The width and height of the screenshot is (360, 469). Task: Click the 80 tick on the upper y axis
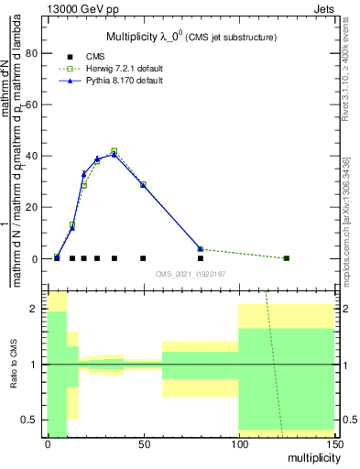(33, 53)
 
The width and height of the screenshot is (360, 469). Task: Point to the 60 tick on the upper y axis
(33, 104)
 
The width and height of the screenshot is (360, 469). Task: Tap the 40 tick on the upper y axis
(33, 156)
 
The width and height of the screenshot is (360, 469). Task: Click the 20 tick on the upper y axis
(33, 207)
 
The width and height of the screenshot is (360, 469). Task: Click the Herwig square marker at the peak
(115, 151)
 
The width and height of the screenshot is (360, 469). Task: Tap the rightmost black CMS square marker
(287, 258)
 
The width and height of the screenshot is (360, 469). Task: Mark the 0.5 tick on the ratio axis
(35, 420)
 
